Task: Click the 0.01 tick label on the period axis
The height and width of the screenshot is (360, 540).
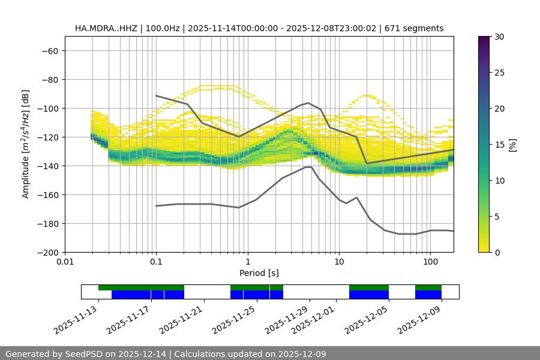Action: [65, 262]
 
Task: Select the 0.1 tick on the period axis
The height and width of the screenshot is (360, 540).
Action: [156, 262]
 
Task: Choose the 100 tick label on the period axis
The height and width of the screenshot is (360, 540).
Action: [430, 262]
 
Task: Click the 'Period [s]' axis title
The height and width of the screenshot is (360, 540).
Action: [259, 273]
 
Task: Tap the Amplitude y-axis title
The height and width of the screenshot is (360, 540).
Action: [26, 145]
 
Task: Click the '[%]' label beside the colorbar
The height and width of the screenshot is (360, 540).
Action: [512, 145]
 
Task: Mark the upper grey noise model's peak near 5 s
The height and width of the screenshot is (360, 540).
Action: [308, 103]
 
